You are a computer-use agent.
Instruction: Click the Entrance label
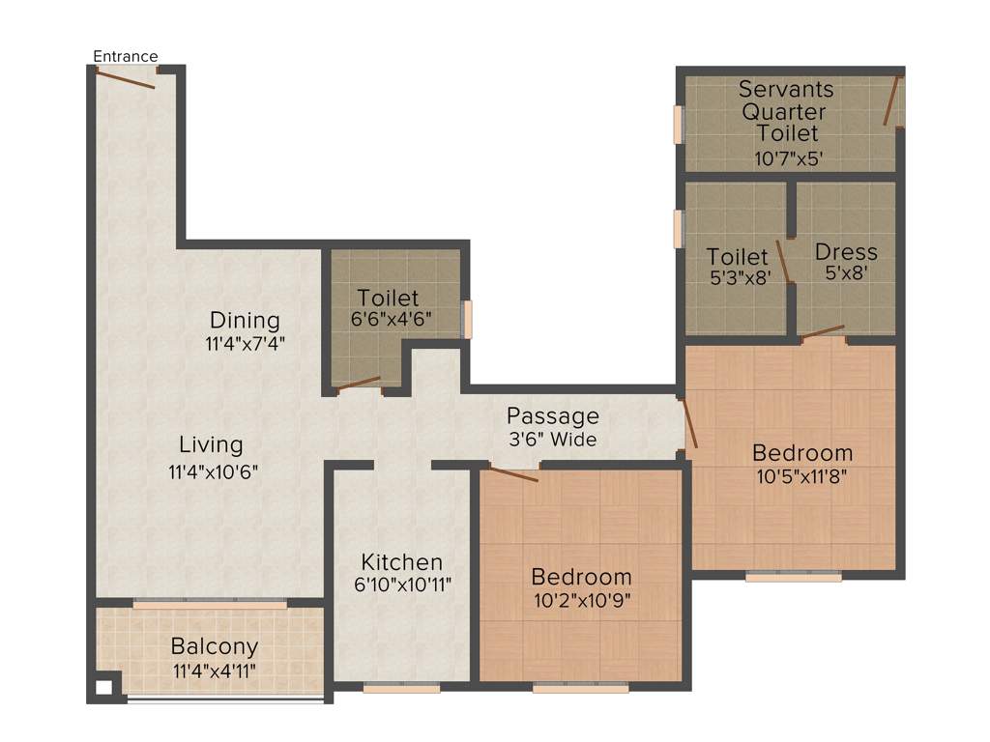point(125,56)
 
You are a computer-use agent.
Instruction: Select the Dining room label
point(245,320)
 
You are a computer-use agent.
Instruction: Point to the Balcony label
point(215,646)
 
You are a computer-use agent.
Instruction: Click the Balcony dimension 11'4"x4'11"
point(215,669)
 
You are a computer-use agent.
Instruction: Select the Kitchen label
point(402,561)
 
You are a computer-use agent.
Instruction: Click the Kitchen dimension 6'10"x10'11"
point(402,584)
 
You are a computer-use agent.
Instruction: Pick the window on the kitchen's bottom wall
point(401,689)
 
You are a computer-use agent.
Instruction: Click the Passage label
point(553,416)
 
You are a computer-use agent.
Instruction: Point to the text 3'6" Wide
point(553,440)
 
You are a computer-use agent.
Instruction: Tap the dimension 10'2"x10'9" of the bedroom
point(582,600)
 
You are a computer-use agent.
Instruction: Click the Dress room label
point(846,252)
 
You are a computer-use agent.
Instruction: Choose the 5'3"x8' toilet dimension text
point(738,274)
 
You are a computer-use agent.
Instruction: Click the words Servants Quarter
point(786,100)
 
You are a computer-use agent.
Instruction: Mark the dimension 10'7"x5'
point(788,157)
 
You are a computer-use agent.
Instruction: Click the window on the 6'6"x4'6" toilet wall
point(468,320)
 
